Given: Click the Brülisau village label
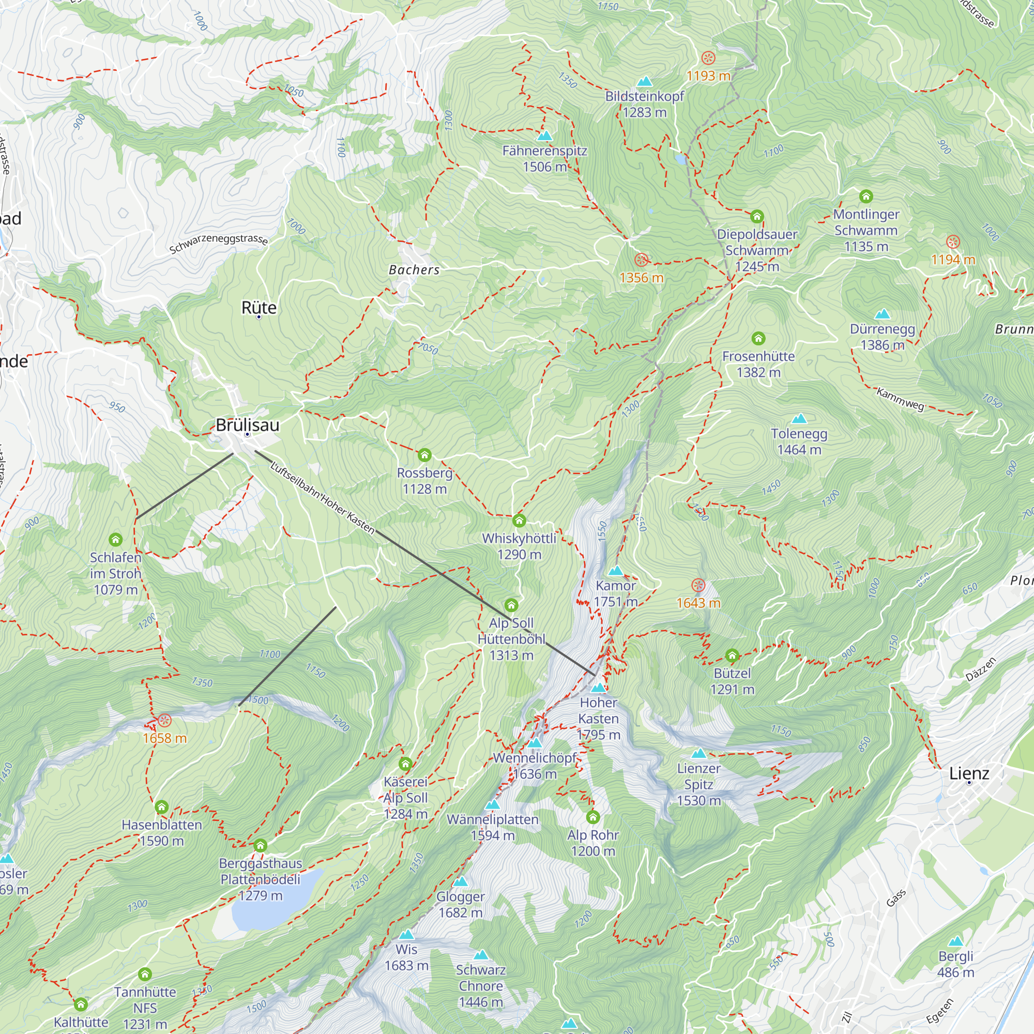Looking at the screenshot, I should tap(247, 425).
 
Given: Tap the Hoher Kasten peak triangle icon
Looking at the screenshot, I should tap(598, 688).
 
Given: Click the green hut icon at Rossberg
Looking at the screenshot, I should tap(424, 455).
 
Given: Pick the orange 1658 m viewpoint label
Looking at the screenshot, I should tap(164, 739).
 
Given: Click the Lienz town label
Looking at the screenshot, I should tap(969, 773).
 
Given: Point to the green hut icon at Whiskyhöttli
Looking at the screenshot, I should tap(519, 521).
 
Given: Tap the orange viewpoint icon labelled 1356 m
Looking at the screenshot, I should tap(641, 261).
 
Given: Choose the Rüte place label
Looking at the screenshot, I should tap(259, 308).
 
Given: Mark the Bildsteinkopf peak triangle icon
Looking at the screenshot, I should tap(644, 82).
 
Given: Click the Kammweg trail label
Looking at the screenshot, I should tap(900, 399).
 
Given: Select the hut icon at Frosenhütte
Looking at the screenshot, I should tap(758, 339).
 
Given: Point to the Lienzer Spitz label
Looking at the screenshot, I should tap(698, 784).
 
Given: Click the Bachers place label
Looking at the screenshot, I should tap(414, 270).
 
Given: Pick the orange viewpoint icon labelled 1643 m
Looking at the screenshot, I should tap(698, 585).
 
